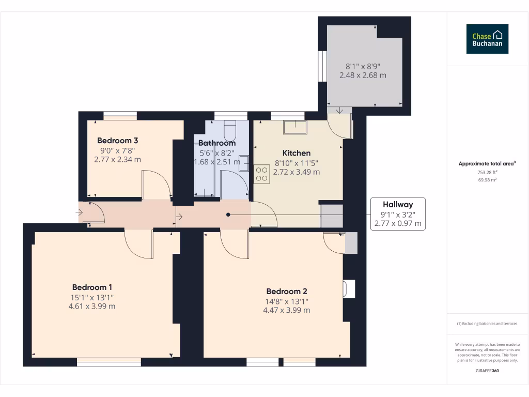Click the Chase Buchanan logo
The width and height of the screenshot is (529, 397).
point(487,39)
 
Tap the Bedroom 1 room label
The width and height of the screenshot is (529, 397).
point(92,287)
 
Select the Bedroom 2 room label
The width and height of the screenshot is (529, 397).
point(287,292)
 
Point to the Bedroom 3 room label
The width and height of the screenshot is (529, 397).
point(117,141)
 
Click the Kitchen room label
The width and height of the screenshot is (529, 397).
point(297,153)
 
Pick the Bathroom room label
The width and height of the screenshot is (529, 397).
point(217,143)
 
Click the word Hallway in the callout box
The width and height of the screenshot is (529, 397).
point(398,205)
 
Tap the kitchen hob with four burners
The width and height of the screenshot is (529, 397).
point(262,173)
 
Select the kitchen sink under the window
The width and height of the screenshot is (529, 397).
point(294,127)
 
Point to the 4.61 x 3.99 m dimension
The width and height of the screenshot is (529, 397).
point(92,306)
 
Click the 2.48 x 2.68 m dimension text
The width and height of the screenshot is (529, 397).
point(363,75)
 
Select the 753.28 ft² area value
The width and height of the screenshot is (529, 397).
point(487,172)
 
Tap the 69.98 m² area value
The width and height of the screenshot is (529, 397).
point(487,180)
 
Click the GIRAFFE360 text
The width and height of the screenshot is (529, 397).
point(487,371)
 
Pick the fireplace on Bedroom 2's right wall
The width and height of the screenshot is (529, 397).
point(349,289)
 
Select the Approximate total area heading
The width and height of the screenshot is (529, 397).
point(487,164)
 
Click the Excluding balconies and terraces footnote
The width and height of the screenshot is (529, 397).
point(487,324)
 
